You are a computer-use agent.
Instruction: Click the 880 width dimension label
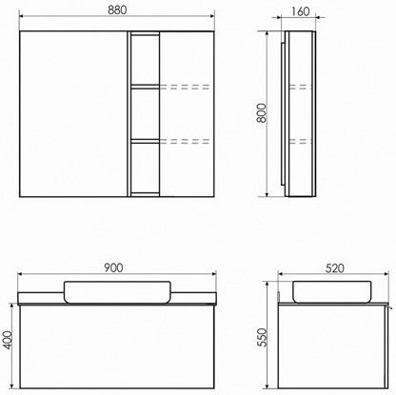pos(117,10)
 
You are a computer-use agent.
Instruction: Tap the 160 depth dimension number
pos(300,11)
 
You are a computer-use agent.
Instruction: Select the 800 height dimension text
pos(262,113)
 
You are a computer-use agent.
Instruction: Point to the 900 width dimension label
pos(113,267)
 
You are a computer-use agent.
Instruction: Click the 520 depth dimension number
pos(335,268)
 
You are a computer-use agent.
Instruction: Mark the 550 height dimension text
pos(262,337)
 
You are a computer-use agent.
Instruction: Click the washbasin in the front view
pos(117,292)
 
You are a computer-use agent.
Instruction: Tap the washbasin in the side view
pos(332,291)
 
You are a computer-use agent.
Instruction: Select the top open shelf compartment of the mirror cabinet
pos(145,59)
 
